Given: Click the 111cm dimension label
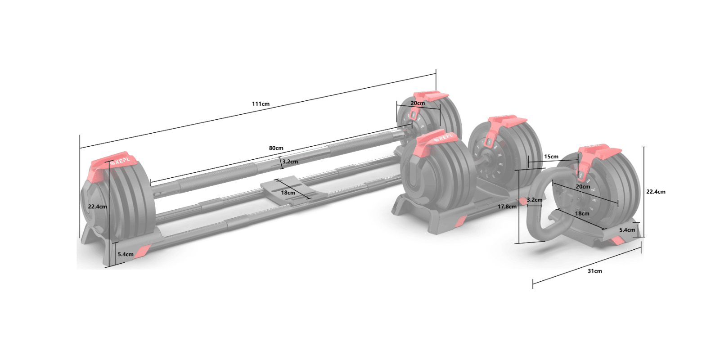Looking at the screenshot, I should click(261, 104).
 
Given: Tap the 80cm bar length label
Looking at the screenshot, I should click(276, 148).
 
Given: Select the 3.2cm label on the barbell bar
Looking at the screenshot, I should click(290, 162).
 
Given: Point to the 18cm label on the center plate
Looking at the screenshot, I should click(288, 193).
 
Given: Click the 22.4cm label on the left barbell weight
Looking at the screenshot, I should click(97, 207).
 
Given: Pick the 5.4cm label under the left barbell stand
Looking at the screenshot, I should click(126, 254).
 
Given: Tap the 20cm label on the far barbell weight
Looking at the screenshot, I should click(418, 103).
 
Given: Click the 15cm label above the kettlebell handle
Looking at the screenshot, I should click(551, 157).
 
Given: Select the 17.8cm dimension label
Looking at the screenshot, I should click(507, 207).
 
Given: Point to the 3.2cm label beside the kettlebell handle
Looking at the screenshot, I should click(535, 200).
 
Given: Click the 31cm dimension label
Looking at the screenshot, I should click(594, 271).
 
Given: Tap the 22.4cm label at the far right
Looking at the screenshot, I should click(656, 192).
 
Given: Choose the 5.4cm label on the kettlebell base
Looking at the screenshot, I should click(627, 230).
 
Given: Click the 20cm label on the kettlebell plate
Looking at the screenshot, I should click(583, 186).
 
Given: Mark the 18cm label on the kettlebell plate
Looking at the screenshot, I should click(582, 213).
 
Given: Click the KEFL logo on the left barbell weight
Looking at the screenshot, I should click(120, 161).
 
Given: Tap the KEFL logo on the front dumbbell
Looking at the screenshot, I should click(444, 138).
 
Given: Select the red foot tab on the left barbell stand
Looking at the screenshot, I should click(144, 251).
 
